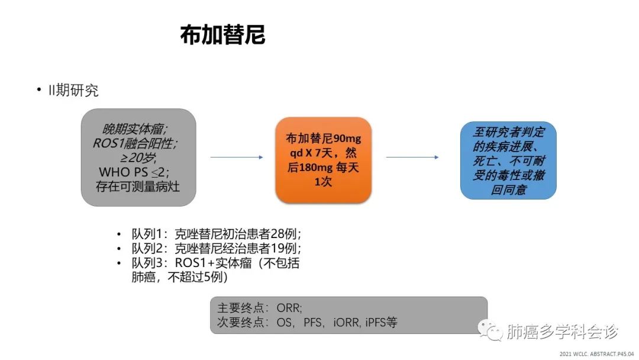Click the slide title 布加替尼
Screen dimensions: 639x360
point(222,35)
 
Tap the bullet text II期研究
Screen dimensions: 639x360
point(73,90)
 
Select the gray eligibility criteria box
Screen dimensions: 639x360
point(138,157)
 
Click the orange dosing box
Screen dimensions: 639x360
point(323,160)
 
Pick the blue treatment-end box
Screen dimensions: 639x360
point(508,160)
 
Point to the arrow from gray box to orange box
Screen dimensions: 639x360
point(237,157)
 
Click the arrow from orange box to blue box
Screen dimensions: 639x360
point(412,157)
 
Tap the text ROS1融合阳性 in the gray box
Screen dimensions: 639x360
point(134,143)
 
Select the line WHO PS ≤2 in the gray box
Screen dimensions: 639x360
point(134,172)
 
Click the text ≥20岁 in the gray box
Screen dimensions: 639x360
point(138,157)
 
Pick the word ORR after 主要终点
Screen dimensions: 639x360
point(289,308)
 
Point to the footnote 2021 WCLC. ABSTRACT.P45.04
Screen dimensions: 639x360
point(596,354)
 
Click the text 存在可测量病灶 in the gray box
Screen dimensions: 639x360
point(138,187)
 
